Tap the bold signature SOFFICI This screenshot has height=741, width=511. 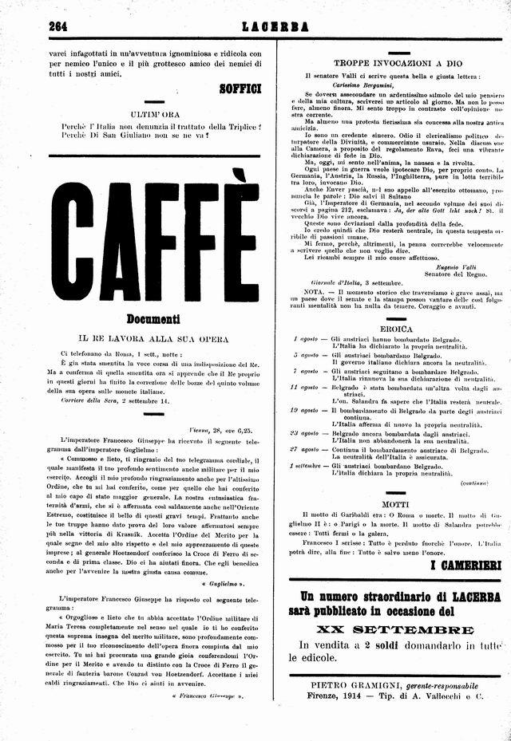click(x=240, y=89)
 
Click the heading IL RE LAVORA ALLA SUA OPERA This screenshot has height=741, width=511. click(x=155, y=338)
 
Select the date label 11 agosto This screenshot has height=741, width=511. click(x=304, y=386)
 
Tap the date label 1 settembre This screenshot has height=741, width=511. click(x=306, y=464)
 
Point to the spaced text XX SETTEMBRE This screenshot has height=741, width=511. click(x=390, y=629)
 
